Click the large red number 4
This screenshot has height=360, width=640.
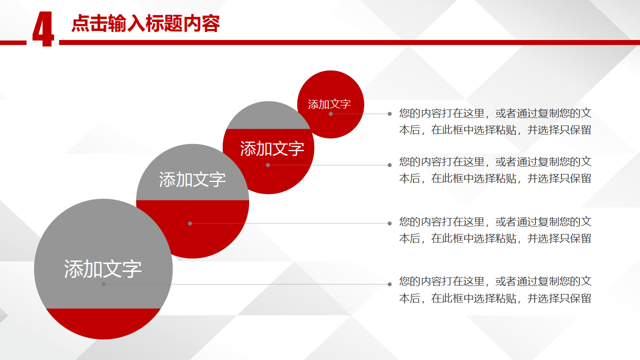click(x=43, y=29)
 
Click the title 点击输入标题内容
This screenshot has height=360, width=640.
click(x=146, y=23)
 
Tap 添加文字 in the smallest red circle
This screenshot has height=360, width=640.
click(x=329, y=104)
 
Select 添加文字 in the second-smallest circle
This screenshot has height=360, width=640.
click(x=272, y=148)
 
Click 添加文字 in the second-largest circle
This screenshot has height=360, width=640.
click(x=192, y=179)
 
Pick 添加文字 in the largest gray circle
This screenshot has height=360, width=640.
click(x=103, y=268)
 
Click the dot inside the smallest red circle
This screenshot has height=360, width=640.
click(x=331, y=114)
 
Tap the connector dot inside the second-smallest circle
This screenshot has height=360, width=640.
click(x=268, y=165)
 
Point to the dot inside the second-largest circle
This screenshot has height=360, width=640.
click(x=190, y=223)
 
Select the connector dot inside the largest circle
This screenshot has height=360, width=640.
click(x=104, y=284)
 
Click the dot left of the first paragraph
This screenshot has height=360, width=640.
click(x=390, y=114)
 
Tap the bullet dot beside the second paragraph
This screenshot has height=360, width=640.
click(x=390, y=165)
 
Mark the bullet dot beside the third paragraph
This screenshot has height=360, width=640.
click(x=390, y=223)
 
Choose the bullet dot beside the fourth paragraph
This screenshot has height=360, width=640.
click(x=390, y=284)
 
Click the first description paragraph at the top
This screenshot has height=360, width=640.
click(x=495, y=121)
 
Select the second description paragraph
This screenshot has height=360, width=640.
click(x=495, y=170)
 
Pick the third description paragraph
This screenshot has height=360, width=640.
click(x=495, y=230)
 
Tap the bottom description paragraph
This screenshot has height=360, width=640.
click(x=495, y=290)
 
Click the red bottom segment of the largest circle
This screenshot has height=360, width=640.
click(x=104, y=323)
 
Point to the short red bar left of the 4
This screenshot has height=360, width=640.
click(x=13, y=43)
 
